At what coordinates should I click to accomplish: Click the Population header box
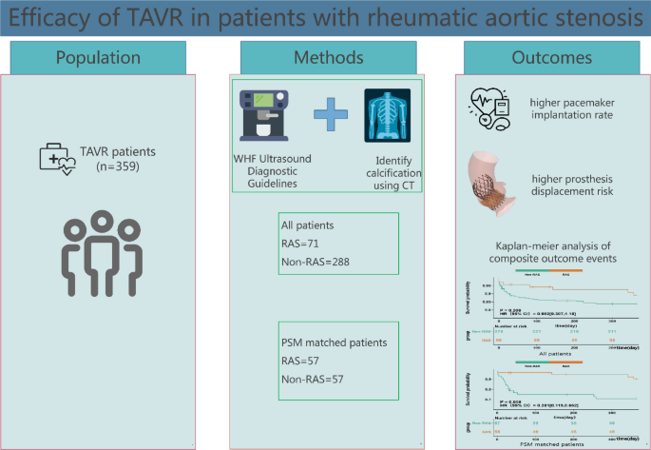(104, 57)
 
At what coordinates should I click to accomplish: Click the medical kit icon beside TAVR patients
(55, 155)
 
